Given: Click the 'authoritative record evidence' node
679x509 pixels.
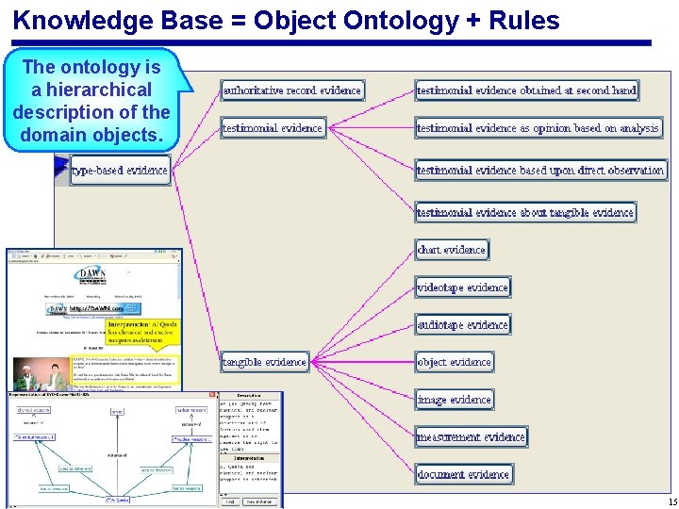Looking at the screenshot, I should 292,90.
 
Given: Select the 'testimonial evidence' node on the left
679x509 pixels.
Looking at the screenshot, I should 273,128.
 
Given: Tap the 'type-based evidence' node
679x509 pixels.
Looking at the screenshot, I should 120,172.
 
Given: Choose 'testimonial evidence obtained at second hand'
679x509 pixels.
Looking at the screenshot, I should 526,90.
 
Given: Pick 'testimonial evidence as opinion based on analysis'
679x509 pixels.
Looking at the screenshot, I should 538,128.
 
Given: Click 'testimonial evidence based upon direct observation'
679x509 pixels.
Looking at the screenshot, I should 540,171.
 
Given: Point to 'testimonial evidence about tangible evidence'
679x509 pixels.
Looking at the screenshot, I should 525,213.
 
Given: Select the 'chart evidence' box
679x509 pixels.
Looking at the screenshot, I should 452,250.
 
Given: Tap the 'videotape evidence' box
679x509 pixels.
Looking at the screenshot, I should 462,287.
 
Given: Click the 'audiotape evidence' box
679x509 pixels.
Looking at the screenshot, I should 462,325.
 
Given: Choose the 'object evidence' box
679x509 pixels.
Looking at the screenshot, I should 455,362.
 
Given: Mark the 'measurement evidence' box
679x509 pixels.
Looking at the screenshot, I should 471,437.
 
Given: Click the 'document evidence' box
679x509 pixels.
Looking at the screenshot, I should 463,474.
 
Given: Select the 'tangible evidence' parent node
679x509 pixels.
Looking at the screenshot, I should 265,362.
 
